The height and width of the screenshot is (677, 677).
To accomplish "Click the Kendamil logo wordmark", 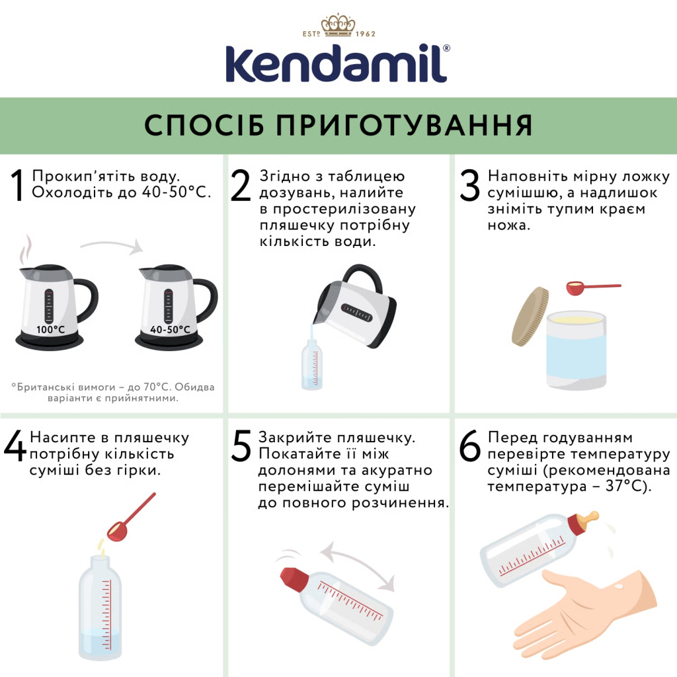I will click(338, 64).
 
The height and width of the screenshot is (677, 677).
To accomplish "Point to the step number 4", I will click(15, 447).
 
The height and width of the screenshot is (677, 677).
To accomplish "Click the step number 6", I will click(470, 447).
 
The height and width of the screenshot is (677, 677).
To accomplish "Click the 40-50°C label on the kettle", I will click(170, 329).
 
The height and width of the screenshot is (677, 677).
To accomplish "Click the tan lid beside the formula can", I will click(530, 317).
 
